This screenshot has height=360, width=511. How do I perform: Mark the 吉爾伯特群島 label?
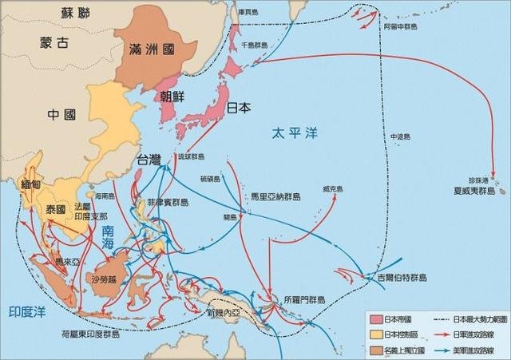(402, 277)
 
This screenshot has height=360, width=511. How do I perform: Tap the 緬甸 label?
(31, 184)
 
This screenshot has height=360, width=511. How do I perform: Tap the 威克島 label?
(333, 189)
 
